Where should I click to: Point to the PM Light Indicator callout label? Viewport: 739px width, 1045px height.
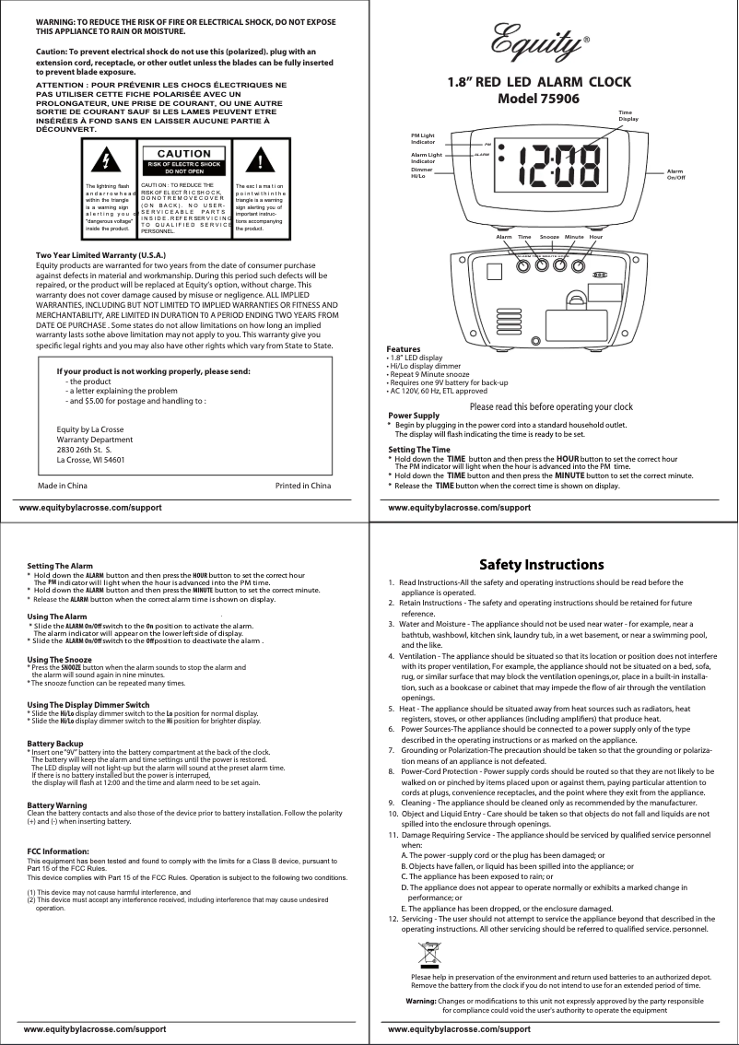pos(423,139)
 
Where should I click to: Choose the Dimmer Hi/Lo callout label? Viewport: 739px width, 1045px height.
pos(422,172)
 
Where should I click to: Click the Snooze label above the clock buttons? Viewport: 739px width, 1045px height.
pos(550,237)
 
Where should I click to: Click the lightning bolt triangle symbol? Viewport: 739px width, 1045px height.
pos(108,160)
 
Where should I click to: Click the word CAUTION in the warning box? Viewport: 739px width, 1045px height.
pos(184,153)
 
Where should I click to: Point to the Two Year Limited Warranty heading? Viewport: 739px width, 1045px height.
pos(100,253)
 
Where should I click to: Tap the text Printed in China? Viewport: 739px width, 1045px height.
pos(303,485)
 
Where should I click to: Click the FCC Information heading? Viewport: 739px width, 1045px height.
pos(58,850)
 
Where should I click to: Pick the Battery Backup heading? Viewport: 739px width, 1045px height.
pos(56,743)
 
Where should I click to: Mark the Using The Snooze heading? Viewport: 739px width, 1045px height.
pos(60,660)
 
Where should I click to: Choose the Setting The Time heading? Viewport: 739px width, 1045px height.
pos(419,449)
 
